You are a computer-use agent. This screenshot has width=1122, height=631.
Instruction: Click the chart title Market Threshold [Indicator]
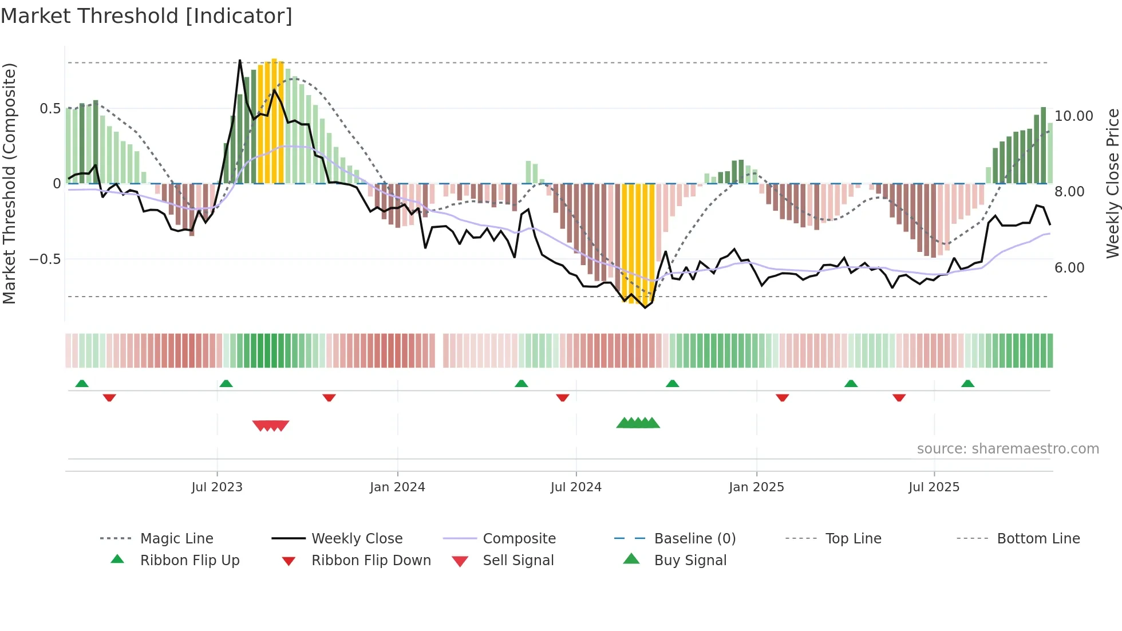point(147,16)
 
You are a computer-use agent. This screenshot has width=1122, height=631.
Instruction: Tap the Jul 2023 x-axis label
point(217,487)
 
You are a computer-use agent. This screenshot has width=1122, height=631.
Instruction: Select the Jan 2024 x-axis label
point(397,487)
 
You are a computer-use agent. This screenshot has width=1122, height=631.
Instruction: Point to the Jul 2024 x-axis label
point(576,487)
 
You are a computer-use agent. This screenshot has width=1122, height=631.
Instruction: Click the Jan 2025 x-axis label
point(756,487)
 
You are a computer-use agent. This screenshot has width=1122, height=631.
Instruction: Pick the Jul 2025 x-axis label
point(934,487)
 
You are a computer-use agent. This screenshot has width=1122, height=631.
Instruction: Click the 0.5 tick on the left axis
point(50,109)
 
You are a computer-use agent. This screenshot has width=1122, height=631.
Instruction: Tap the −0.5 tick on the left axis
point(45,259)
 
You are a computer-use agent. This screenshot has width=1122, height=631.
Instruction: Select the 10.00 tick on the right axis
point(1073,116)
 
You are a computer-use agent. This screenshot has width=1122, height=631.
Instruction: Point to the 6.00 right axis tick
point(1069,268)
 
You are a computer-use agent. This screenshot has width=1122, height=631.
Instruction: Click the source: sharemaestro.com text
point(1008,449)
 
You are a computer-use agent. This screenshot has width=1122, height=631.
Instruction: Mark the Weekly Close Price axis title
point(1112,183)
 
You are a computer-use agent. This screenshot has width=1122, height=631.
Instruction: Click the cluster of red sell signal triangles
point(271,425)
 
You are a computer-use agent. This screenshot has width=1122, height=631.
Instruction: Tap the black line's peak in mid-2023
point(240,61)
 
